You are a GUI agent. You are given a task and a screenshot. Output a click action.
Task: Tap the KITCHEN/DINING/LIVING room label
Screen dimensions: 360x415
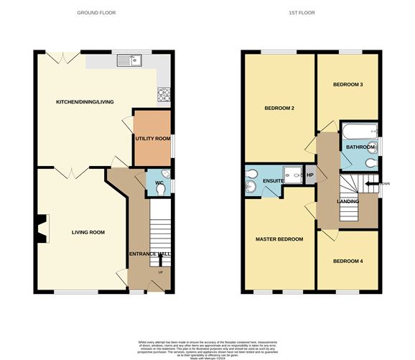85,102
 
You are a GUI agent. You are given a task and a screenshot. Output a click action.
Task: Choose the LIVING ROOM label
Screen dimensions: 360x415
88,232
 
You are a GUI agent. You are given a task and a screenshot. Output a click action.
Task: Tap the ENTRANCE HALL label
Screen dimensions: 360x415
147,255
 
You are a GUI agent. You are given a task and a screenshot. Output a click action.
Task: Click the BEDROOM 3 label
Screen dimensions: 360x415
348,85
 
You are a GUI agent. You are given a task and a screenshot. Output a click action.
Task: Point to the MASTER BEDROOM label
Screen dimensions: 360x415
279,239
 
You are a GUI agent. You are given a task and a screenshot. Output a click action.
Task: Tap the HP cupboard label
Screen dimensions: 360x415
310,175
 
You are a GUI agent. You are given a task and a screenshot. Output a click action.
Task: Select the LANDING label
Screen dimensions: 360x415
348,200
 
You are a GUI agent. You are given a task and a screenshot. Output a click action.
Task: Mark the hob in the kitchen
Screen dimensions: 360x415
163,93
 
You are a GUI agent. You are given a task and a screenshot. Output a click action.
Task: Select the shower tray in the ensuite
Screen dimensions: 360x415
293,172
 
